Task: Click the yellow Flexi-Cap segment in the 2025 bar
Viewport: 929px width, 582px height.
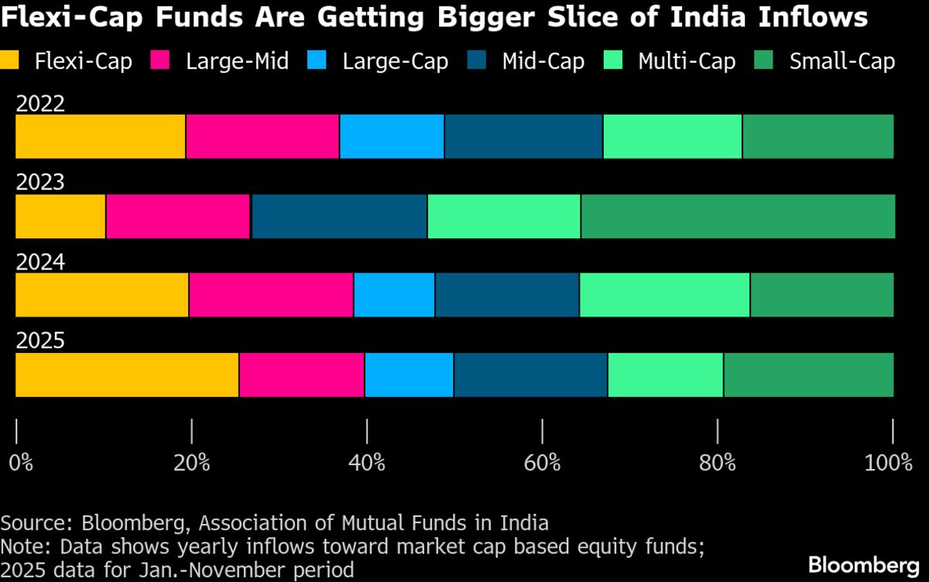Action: click(127, 375)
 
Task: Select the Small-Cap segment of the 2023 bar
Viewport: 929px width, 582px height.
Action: click(737, 216)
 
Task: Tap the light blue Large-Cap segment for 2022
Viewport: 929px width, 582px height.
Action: click(392, 136)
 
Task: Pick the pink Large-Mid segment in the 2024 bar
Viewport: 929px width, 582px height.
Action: click(271, 295)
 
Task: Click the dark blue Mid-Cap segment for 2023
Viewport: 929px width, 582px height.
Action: click(339, 216)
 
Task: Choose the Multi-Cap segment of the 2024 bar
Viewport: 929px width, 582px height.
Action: click(664, 295)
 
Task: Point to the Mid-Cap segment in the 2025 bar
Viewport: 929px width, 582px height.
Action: click(530, 375)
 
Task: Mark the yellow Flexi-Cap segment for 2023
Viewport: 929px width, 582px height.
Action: click(60, 216)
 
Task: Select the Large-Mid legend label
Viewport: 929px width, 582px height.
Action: click(237, 61)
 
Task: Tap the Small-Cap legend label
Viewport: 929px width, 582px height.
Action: click(842, 61)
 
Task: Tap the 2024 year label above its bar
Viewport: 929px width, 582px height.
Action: click(40, 262)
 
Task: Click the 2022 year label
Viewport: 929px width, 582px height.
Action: click(40, 104)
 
